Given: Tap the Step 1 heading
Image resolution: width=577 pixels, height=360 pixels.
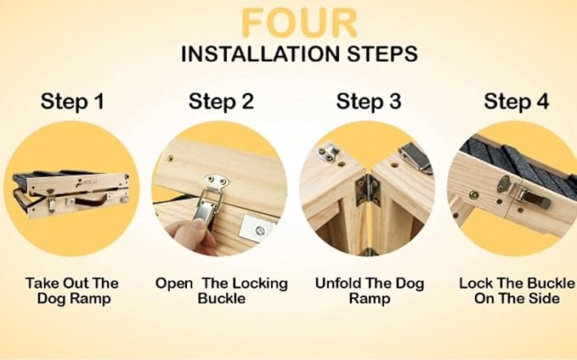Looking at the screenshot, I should coord(73,102).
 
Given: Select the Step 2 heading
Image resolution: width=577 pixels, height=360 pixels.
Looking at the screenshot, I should coord(221,102).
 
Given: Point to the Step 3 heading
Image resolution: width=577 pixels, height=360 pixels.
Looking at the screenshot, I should coord(369,102).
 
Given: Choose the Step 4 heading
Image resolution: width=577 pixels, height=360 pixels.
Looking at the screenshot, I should coord(517,102).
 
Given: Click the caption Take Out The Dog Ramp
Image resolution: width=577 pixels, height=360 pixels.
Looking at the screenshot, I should coord(73,290).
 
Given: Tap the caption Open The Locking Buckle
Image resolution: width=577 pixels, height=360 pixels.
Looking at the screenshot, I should coord(221,290).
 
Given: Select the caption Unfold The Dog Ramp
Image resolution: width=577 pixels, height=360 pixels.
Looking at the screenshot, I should coord(369,290).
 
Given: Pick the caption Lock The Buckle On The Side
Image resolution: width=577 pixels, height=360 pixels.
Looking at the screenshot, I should coord(517,290).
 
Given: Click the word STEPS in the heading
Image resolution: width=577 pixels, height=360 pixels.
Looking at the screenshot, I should coord(382,55).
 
